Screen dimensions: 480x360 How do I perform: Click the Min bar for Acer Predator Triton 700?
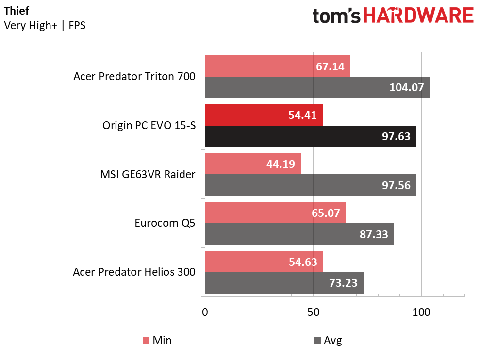pyautogui.click(x=278, y=66)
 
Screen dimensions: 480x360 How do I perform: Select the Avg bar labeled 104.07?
pyautogui.click(x=318, y=87)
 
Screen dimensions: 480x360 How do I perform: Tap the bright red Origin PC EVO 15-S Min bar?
pyautogui.click(x=264, y=115)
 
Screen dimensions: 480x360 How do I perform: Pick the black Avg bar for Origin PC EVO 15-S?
pyautogui.click(x=311, y=136)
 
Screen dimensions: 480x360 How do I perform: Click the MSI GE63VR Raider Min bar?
pyautogui.click(x=253, y=164)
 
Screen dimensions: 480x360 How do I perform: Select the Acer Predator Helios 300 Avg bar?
pyautogui.click(x=284, y=283)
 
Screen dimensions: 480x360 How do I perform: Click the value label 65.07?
pyautogui.click(x=326, y=213)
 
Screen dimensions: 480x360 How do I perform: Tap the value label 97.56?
pyautogui.click(x=396, y=185)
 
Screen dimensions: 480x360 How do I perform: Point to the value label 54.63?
pyautogui.click(x=303, y=262)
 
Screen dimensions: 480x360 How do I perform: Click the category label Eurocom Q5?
pyautogui.click(x=165, y=223)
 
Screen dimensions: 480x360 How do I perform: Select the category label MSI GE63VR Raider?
pyautogui.click(x=148, y=174)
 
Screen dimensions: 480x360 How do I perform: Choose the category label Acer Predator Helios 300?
pyautogui.click(x=134, y=272)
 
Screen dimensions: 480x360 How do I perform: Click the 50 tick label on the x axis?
pyautogui.click(x=313, y=312)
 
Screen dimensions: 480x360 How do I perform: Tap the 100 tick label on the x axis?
pyautogui.click(x=421, y=312)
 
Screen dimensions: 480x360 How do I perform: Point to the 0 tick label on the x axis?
pyautogui.click(x=205, y=312)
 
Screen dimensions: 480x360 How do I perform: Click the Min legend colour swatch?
pyautogui.click(x=146, y=340)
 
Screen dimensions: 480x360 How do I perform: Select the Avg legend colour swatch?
pyautogui.click(x=317, y=340)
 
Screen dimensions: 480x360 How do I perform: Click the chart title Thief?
pyautogui.click(x=17, y=11)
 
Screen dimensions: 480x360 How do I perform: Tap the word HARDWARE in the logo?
pyautogui.click(x=418, y=16)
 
